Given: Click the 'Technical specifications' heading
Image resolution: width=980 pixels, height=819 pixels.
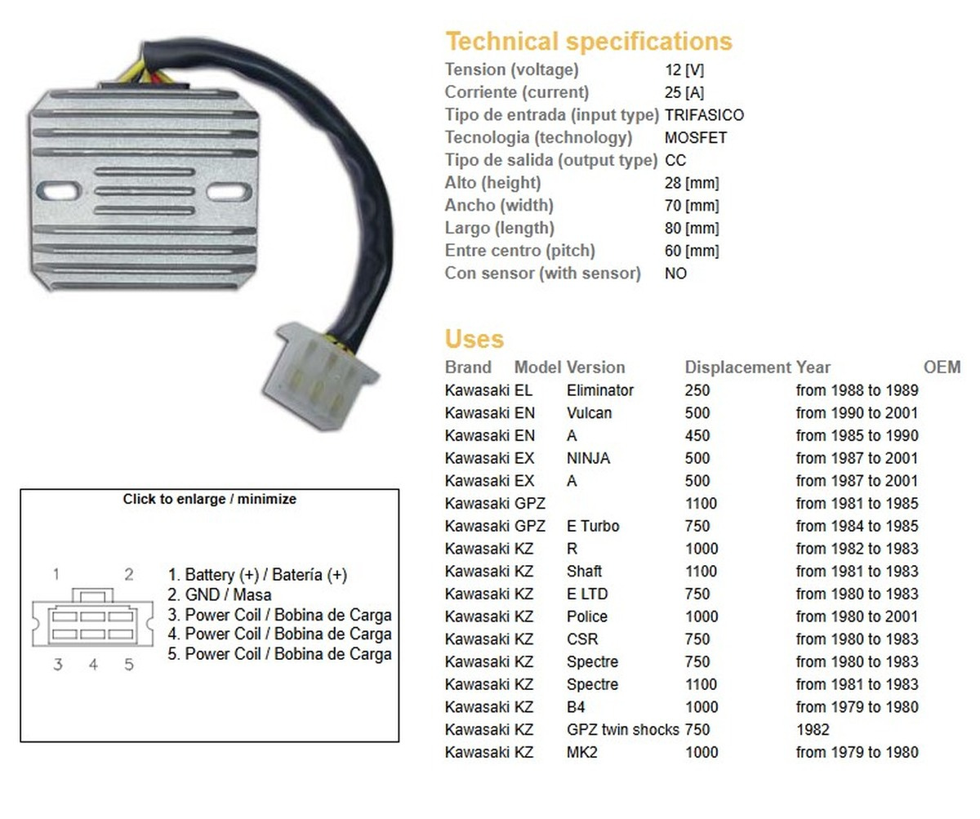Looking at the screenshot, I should coord(588,42).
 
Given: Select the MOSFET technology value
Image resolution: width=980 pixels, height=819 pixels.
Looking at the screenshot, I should coord(696,138).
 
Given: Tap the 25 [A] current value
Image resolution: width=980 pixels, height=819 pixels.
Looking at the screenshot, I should coord(684,92).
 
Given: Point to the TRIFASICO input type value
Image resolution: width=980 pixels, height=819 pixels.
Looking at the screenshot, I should coord(704,115).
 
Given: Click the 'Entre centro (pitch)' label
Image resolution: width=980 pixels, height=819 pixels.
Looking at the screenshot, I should coord(519,251).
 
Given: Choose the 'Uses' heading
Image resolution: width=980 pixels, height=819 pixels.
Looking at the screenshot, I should coord(474,339).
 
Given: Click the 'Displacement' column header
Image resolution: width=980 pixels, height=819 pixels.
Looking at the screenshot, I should coord(737,367).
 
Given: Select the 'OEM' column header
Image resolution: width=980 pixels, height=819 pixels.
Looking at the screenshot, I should coord(942,367).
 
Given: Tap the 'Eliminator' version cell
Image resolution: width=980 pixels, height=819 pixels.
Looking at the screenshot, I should coord(599,390).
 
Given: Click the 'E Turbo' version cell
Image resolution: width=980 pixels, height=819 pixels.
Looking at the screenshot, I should coord(592,526).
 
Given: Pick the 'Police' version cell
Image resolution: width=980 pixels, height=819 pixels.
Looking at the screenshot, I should coord(586,616).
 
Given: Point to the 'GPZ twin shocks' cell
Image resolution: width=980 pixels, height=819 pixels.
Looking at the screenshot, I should coord(622,729).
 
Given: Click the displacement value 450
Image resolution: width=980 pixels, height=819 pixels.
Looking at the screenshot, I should coord(697,435).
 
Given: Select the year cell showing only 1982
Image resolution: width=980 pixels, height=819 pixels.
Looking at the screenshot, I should coord(812,729).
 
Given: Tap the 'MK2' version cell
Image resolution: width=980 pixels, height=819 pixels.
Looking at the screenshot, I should coord(581,752).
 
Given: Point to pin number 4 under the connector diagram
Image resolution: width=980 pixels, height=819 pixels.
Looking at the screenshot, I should coord(93,665).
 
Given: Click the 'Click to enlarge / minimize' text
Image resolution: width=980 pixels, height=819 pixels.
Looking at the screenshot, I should coord(209,499).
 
